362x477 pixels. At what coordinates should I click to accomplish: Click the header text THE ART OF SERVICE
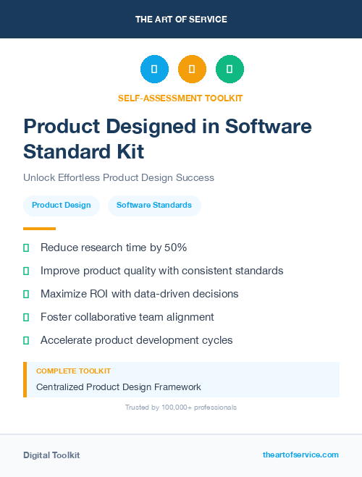[181, 20]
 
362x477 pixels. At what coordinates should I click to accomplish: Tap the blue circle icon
[154, 69]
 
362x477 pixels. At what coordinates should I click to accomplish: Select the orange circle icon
[192, 69]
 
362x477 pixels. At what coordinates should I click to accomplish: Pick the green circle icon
[230, 69]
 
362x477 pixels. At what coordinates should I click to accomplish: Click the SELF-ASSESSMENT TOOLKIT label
[180, 98]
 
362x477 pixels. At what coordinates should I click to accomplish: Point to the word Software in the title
[269, 127]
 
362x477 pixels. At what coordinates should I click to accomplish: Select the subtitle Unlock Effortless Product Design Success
[119, 177]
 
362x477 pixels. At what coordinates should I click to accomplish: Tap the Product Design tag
[62, 206]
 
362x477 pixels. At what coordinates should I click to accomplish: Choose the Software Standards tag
[154, 206]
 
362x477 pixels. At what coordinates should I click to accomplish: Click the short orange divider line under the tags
[39, 229]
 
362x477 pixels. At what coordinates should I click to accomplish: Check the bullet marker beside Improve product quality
[26, 271]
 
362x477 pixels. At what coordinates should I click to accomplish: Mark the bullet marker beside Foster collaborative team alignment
[26, 317]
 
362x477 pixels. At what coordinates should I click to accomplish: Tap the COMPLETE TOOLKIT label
[73, 371]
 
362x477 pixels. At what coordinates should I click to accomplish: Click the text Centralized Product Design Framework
[119, 387]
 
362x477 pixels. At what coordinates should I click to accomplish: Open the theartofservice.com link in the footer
[300, 455]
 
